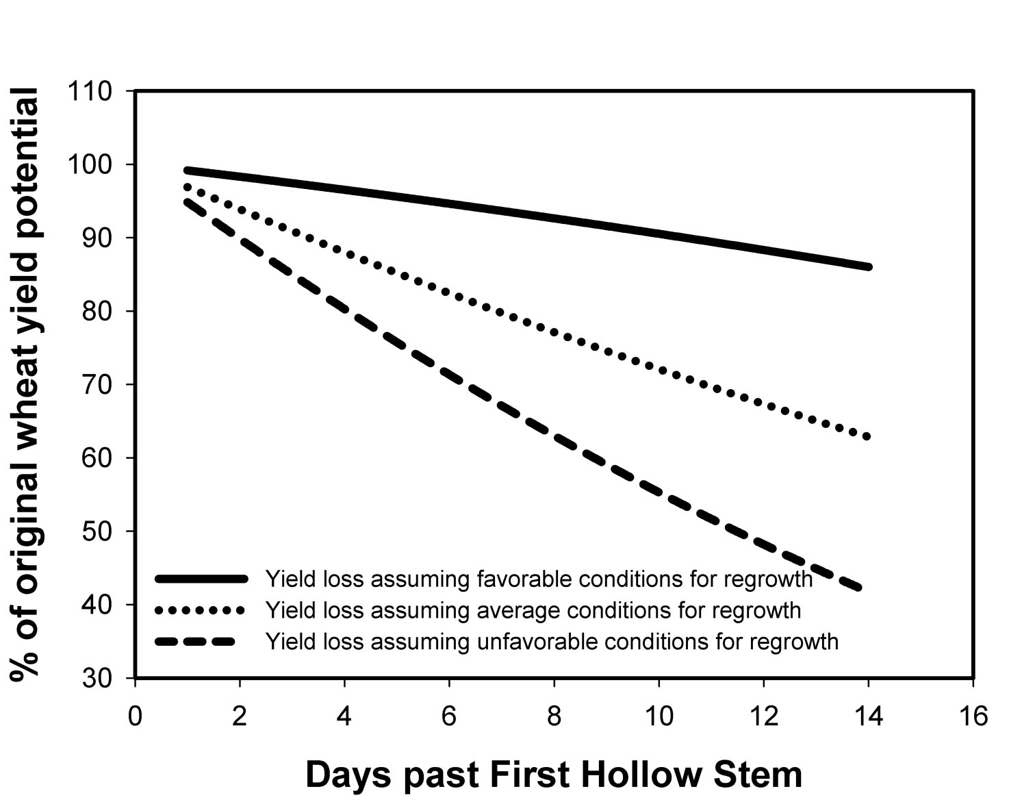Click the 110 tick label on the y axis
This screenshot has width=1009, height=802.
click(90, 92)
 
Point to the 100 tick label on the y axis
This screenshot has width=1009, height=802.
click(90, 165)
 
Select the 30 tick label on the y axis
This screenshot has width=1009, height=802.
click(97, 678)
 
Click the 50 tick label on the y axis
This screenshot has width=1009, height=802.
click(97, 531)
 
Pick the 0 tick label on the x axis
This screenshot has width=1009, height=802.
click(136, 716)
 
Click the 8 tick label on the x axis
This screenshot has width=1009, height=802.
click(554, 716)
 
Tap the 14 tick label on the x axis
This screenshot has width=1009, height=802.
click(867, 716)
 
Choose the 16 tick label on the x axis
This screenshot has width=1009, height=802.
click(972, 716)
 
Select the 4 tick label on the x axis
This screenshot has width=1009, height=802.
click(344, 716)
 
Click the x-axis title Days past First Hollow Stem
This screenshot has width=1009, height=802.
click(553, 775)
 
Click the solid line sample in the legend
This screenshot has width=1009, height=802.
click(201, 579)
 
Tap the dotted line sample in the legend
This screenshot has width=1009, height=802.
click(201, 610)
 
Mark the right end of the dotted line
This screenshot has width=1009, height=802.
click(867, 436)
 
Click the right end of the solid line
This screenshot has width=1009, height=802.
click(868, 266)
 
